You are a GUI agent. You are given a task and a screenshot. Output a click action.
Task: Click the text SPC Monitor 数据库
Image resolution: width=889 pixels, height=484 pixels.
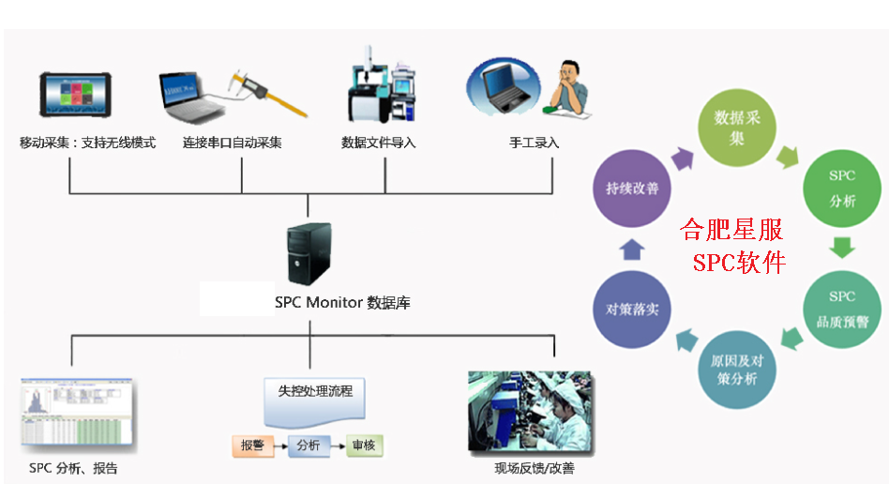click(x=342, y=303)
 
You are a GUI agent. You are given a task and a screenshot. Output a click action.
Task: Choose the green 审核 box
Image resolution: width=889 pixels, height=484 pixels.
click(x=363, y=446)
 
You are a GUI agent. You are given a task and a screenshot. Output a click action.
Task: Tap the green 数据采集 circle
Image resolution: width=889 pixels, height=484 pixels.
click(x=737, y=128)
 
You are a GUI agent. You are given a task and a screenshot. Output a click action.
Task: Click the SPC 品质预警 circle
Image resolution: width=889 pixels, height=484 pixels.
click(x=841, y=309)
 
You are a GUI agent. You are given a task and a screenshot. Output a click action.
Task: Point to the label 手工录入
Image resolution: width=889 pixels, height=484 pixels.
click(x=534, y=144)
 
